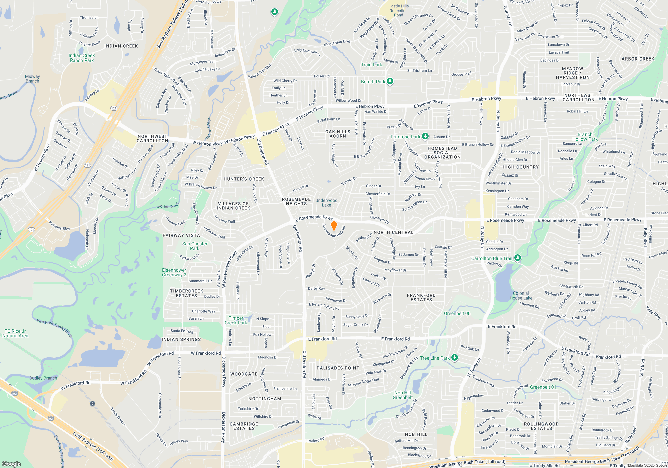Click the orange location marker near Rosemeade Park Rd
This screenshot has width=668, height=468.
(x=334, y=226)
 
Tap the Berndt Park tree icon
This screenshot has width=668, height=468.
(x=390, y=81)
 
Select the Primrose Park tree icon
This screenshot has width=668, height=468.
(x=425, y=136)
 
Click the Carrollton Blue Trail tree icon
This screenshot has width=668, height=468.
(x=517, y=258)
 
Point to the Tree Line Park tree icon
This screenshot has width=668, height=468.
(x=454, y=358)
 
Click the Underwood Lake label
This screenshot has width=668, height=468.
(x=326, y=203)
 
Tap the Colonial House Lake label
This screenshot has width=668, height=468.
(x=521, y=296)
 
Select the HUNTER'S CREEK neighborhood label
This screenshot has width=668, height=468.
(x=244, y=179)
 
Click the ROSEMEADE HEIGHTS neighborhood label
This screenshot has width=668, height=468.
(x=296, y=201)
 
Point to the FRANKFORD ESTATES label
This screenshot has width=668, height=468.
(x=421, y=297)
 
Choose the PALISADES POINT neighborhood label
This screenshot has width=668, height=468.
(x=338, y=368)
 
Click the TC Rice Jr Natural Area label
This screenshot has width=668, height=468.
(x=15, y=333)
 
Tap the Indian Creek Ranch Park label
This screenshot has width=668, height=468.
(x=82, y=58)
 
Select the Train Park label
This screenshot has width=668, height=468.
(x=371, y=65)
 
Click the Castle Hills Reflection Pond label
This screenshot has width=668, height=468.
(x=398, y=10)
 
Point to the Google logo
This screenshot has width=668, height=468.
(x=11, y=464)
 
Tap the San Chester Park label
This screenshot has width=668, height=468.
(x=195, y=246)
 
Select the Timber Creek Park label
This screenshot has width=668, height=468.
(x=236, y=320)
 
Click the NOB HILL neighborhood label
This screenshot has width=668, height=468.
(x=416, y=434)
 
